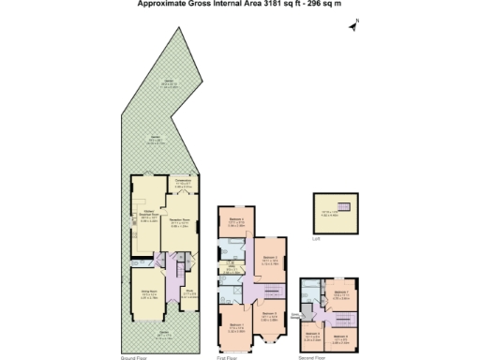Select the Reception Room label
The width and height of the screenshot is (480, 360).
[179, 223]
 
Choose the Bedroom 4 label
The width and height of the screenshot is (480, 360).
[236, 220]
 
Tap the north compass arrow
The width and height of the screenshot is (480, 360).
[353, 27]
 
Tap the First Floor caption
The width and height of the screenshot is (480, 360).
[229, 357]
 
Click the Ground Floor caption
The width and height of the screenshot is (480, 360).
[132, 357]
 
